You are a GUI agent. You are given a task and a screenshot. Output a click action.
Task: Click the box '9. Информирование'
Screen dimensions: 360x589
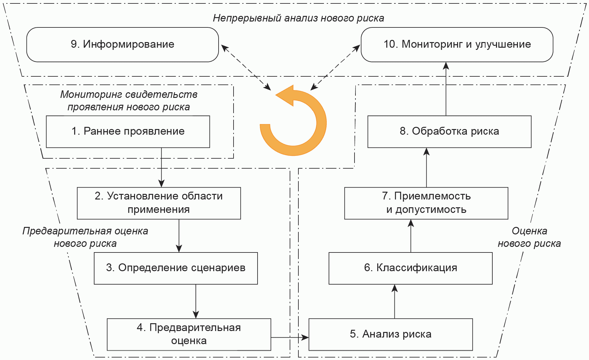(123, 45)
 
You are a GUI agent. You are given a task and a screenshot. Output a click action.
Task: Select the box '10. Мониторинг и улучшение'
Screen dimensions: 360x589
(457, 45)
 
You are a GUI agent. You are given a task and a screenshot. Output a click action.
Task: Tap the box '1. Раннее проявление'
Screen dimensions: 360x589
(128, 132)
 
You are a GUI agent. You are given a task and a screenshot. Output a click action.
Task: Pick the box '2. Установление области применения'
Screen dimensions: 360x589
(159, 203)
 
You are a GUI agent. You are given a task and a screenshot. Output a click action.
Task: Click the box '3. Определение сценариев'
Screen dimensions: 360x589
(176, 268)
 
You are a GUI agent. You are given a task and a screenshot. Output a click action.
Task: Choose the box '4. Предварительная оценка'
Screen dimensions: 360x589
(189, 334)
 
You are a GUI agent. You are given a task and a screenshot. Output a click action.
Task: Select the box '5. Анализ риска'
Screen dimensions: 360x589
(390, 334)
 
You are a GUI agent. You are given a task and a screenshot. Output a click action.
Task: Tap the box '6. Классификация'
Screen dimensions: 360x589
(410, 268)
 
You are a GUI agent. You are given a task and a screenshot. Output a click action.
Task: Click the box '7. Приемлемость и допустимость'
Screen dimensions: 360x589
(426, 203)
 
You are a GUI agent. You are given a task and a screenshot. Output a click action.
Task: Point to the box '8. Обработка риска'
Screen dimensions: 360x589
(449, 132)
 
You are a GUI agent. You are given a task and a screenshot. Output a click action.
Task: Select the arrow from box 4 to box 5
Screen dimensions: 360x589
(289, 337)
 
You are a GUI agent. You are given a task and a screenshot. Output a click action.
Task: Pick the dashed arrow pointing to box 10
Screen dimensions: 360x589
(336, 68)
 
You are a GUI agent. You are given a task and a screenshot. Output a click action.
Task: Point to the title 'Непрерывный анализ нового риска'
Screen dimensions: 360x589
(298, 18)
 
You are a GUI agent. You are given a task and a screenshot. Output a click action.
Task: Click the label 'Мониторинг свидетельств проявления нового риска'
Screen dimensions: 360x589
(128, 100)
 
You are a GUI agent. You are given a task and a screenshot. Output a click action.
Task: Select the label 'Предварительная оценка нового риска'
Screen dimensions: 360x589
(85, 237)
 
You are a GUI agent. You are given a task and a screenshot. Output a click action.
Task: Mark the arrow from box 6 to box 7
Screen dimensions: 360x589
(411, 236)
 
